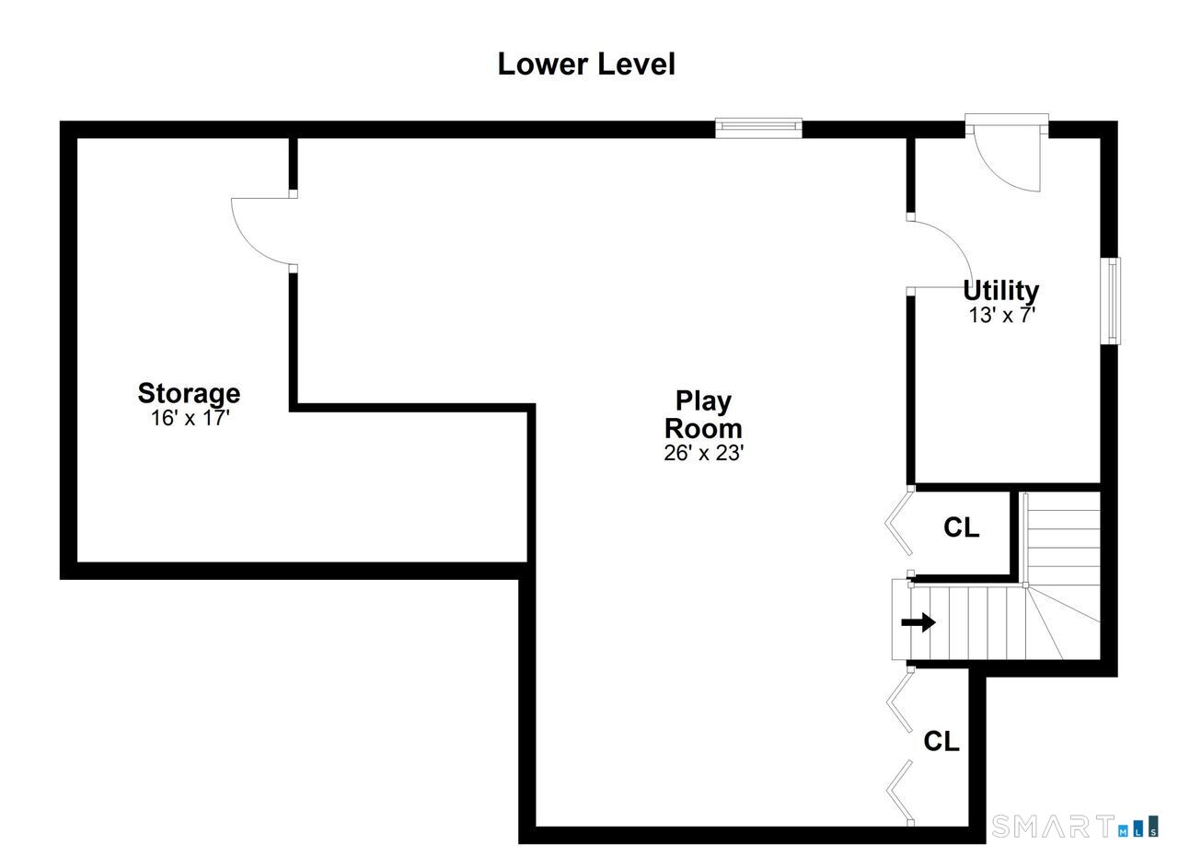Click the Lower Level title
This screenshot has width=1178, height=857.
[586, 64]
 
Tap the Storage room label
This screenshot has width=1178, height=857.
[189, 393]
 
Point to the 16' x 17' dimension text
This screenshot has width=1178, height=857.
[189, 418]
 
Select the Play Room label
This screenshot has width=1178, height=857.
[703, 414]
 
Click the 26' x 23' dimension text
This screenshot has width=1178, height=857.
[703, 453]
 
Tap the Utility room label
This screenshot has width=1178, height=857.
[1000, 290]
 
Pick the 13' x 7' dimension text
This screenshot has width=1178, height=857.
[1002, 315]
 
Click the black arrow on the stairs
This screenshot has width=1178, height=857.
[918, 623]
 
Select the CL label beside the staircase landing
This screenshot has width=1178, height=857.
[961, 528]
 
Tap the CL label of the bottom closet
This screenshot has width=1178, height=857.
[941, 741]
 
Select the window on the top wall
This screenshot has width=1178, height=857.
[758, 128]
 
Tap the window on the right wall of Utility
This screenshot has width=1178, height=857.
[1112, 300]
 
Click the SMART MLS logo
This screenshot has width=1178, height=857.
[1074, 826]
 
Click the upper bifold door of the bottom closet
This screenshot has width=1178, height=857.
[899, 701]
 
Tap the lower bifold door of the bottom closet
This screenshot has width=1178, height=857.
[899, 790]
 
